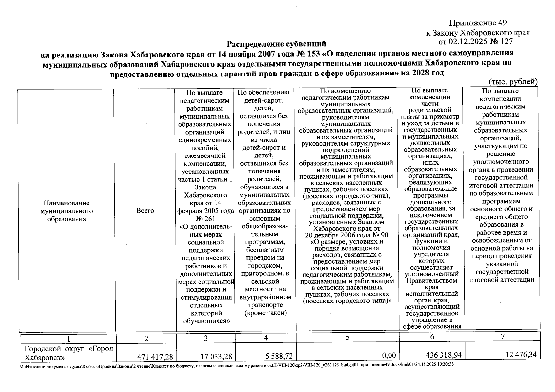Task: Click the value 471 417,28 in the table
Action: pyautogui.click(x=156, y=356)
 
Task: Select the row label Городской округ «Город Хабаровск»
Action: pyautogui.click(x=68, y=352)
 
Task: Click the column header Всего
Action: pyautogui.click(x=146, y=211)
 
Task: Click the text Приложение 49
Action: pyautogui.click(x=478, y=23)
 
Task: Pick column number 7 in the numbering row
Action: pyautogui.click(x=503, y=336)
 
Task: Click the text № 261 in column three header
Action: pyautogui.click(x=205, y=219)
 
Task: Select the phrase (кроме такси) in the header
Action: pyautogui.click(x=265, y=313)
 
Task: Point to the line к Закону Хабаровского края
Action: pyautogui.click(x=478, y=33)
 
